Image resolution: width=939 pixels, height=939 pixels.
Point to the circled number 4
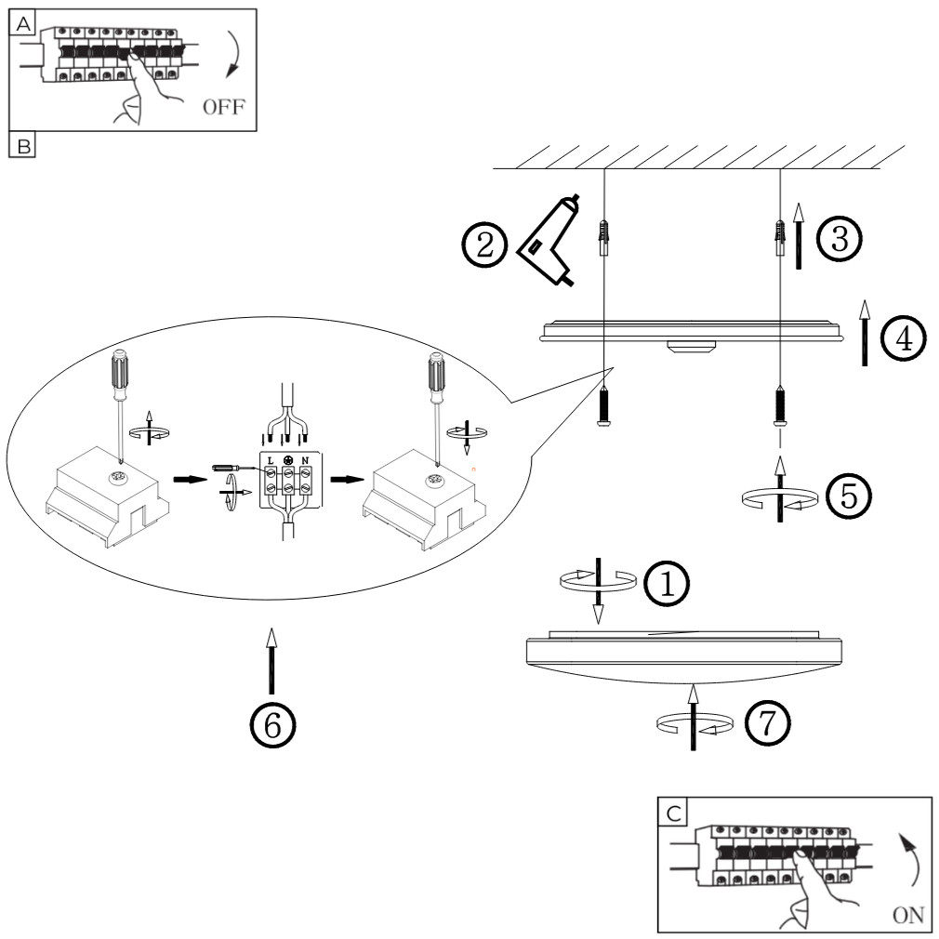click(903, 339)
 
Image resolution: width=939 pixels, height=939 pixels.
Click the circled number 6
click(271, 723)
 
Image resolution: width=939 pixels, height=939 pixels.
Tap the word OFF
click(222, 105)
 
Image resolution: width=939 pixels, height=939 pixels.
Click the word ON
click(906, 915)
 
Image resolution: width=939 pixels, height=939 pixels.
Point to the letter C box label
click(673, 813)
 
